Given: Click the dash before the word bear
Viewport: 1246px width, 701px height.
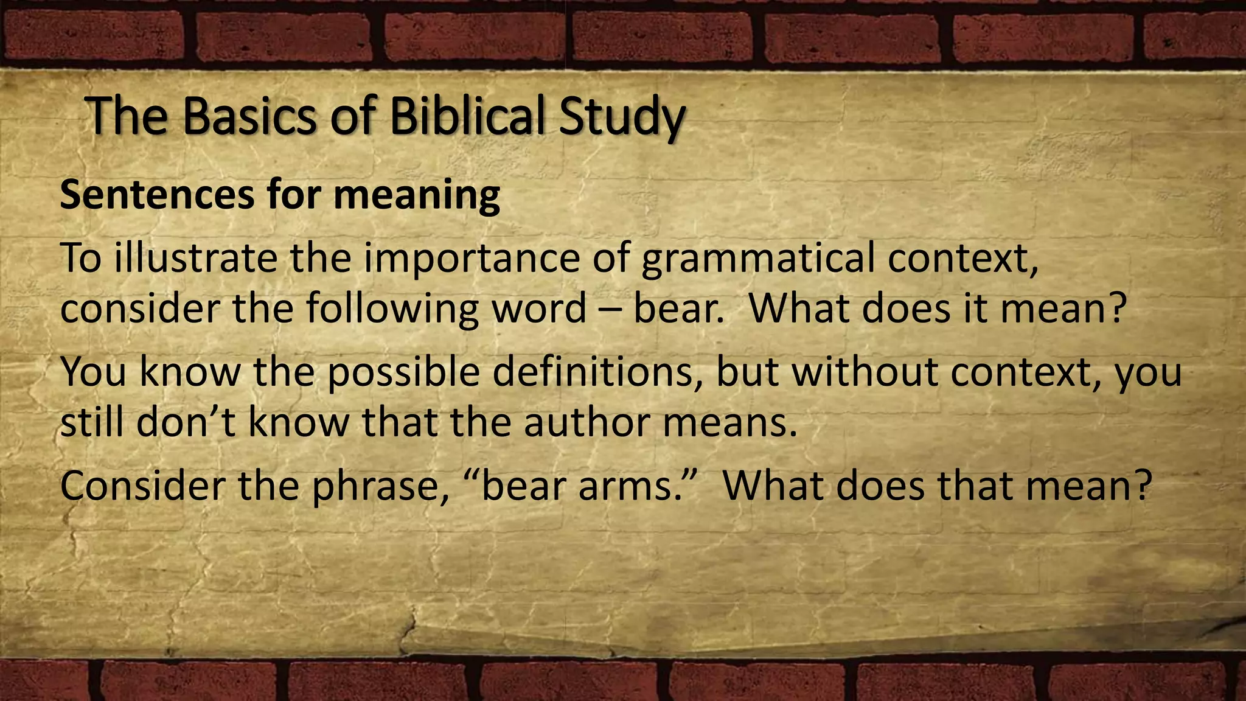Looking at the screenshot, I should pos(610,309).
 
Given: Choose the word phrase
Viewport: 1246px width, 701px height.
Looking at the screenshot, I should pos(380,487).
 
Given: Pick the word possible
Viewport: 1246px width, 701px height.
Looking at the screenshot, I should pos(404,372).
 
